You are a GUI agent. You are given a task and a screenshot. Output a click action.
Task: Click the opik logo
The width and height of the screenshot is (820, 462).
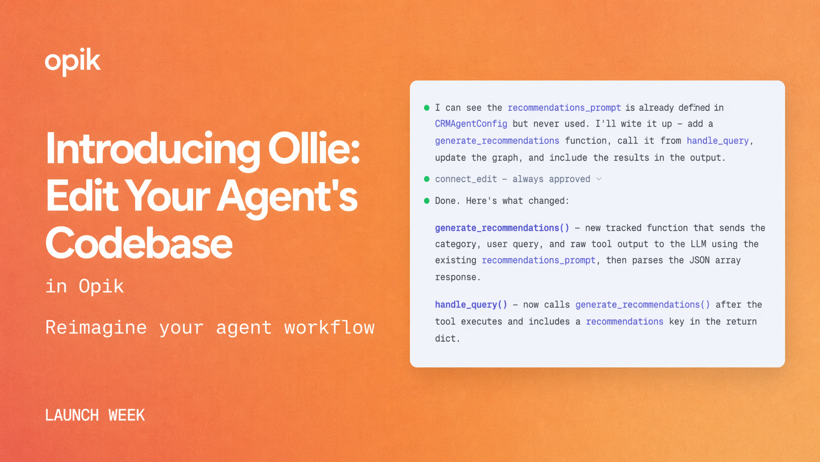[x=73, y=61]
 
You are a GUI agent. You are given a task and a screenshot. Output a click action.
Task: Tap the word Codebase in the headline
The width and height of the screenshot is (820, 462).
[x=139, y=244]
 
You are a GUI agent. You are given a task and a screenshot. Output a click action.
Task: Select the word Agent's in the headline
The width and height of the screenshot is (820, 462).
[x=287, y=196]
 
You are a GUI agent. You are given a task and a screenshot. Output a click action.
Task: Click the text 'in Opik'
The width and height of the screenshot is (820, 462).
[x=84, y=286]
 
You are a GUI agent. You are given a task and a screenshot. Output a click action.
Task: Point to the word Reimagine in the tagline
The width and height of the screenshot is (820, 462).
[x=96, y=327]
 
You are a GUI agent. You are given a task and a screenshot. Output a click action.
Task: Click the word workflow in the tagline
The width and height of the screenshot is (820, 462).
[x=329, y=327]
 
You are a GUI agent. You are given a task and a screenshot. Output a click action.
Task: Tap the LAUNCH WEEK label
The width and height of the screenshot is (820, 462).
[x=95, y=415]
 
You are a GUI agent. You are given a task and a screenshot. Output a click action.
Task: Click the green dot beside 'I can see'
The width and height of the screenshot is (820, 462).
[x=427, y=108]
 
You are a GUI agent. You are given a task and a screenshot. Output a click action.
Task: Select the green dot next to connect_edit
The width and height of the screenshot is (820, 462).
[x=427, y=179]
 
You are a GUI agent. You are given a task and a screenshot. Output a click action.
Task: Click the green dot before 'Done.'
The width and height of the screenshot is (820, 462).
[x=427, y=201]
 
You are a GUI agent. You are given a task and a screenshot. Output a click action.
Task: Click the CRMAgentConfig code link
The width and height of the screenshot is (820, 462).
[x=471, y=124]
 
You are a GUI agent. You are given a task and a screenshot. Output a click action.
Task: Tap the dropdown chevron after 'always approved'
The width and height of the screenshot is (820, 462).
[x=599, y=179]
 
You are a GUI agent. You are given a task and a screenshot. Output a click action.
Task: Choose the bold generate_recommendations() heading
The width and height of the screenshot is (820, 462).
[x=502, y=228]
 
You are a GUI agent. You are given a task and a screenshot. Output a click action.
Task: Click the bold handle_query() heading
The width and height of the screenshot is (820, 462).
[x=471, y=304]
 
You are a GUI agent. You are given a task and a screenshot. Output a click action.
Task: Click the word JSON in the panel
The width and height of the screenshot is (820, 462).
[x=699, y=260]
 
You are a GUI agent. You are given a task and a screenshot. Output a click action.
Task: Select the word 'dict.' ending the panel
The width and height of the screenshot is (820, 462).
[x=447, y=338]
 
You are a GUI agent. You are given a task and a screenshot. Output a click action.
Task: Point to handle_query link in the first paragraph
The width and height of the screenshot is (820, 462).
[x=717, y=141]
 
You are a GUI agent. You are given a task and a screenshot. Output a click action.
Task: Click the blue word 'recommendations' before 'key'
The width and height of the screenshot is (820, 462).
[x=624, y=322]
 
